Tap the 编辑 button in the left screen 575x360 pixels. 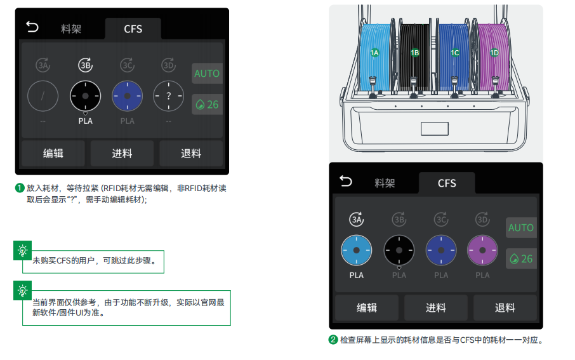(53, 154)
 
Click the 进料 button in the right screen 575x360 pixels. (435, 307)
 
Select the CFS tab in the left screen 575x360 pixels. (133, 29)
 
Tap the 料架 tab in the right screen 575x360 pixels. (385, 183)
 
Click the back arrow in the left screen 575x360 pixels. (32, 27)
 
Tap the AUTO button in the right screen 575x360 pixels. (521, 227)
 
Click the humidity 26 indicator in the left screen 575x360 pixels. (207, 105)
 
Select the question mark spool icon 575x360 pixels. (168, 96)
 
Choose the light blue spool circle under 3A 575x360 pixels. (357, 250)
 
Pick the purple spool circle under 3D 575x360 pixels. (482, 250)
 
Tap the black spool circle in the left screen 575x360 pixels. (86, 96)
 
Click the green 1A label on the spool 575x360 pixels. (374, 53)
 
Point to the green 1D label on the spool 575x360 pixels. (494, 53)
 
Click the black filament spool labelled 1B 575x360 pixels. (414, 57)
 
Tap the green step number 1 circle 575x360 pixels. (20, 189)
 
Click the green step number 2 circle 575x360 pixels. (333, 340)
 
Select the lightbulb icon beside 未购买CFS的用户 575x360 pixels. (22, 250)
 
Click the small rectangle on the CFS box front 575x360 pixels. (435, 129)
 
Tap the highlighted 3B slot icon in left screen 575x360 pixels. (86, 65)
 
